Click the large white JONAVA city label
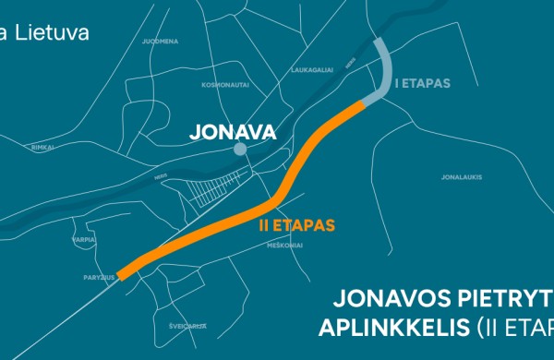click(x=232, y=133)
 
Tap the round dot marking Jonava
click(x=240, y=149)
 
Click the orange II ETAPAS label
click(x=294, y=224)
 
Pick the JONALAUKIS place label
click(x=462, y=177)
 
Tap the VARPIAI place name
click(x=84, y=238)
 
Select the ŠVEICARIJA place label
click(x=187, y=326)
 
